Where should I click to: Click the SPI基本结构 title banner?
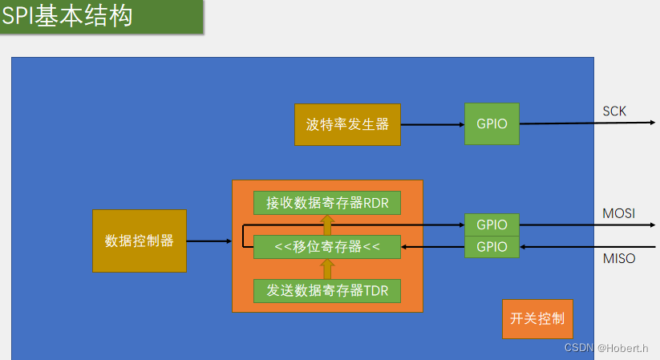[x=101, y=17]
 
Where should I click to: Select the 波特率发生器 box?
[x=347, y=124]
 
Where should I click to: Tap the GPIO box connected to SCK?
[x=492, y=124]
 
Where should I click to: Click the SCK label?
[x=614, y=111]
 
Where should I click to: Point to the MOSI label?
[x=618, y=213]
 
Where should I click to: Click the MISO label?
[x=618, y=258]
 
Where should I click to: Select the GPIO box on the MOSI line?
[x=492, y=224]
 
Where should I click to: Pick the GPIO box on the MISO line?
[x=492, y=246]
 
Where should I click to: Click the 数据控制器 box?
[x=140, y=241]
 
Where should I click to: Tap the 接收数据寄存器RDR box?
[x=327, y=203]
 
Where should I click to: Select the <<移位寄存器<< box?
[x=327, y=247]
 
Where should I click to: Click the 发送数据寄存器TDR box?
[x=327, y=290]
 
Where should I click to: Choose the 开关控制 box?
[x=537, y=318]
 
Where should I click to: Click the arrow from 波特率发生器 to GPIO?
[x=432, y=124]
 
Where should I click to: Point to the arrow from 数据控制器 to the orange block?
[x=209, y=241]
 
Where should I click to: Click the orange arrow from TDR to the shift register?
[x=327, y=269]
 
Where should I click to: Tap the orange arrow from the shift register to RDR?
[x=327, y=224]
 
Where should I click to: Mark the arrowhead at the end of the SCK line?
[x=652, y=123]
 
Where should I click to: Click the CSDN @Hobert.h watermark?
[x=605, y=347]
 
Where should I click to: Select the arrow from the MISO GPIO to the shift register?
[x=433, y=247]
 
